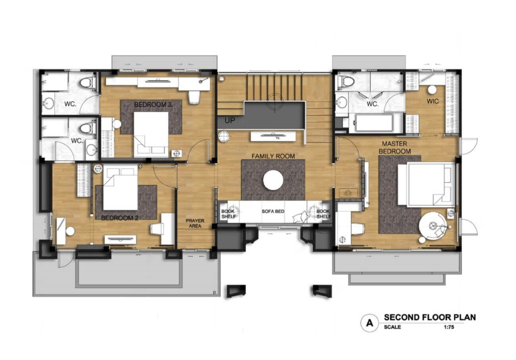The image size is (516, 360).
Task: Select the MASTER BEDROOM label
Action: [x=395, y=148]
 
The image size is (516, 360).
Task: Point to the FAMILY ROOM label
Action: [x=273, y=156]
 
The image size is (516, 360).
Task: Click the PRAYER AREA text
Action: [x=195, y=224]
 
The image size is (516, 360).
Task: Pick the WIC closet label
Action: [x=433, y=101]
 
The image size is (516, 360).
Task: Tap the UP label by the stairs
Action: [x=230, y=121]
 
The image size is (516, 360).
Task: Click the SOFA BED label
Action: [x=273, y=211]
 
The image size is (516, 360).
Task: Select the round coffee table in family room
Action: [x=273, y=180]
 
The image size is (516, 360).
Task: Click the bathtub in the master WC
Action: [x=374, y=123]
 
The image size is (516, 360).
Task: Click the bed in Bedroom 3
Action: [x=151, y=135]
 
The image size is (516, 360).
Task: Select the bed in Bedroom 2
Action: [x=120, y=188]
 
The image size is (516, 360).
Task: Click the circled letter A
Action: [x=370, y=323]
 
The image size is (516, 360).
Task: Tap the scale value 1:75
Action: [x=449, y=327]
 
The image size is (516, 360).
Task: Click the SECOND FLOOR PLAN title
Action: [x=430, y=317]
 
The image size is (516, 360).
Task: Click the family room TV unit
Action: [x=273, y=136]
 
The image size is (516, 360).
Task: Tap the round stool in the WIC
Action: [x=432, y=90]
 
